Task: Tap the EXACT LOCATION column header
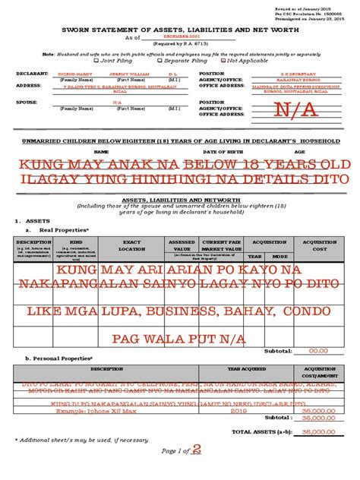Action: [x=131, y=245]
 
